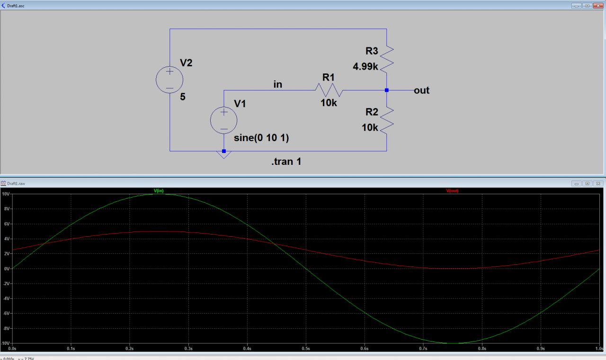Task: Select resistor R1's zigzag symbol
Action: [329, 90]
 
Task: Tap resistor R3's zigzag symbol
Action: [387, 57]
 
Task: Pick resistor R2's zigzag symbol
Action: [387, 119]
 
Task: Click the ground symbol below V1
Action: [224, 154]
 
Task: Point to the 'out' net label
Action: [421, 90]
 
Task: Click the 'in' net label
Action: [278, 84]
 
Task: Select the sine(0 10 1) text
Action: [261, 138]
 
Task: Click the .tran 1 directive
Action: [286, 162]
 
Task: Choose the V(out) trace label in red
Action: [452, 191]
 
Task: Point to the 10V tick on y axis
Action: [6, 194]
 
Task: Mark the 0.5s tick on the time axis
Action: [306, 349]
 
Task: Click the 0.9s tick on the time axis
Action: [541, 349]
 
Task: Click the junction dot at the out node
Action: [387, 90]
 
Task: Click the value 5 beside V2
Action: [183, 97]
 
